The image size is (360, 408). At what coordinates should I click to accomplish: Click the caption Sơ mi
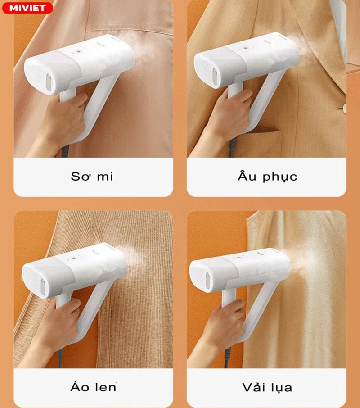[92, 176]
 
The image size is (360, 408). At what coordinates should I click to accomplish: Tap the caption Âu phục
[267, 176]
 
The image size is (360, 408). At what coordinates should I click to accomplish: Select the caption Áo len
[93, 387]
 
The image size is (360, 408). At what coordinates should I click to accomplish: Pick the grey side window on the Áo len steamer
[43, 286]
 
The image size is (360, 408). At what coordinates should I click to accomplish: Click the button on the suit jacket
[344, 108]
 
